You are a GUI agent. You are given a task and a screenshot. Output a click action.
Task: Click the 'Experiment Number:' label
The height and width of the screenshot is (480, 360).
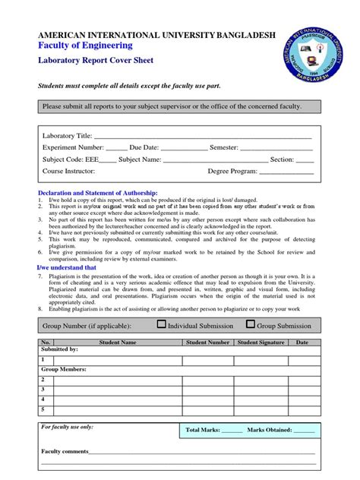72,147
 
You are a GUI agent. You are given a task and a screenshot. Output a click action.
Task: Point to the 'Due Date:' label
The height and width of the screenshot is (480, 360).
144,147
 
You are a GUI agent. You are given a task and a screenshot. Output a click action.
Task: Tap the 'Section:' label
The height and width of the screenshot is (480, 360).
282,159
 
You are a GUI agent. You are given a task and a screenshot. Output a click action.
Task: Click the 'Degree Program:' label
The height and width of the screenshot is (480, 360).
232,172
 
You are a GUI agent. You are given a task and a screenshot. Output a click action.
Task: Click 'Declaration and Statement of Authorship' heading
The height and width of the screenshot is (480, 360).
98,194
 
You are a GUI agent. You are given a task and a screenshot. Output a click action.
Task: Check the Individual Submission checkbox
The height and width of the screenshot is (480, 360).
161,324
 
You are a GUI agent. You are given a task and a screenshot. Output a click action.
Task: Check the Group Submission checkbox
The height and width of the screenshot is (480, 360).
251,324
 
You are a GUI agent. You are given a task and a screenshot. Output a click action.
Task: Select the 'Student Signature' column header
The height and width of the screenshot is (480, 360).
261,343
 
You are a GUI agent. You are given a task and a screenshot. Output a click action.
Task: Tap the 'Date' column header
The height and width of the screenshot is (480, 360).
302,343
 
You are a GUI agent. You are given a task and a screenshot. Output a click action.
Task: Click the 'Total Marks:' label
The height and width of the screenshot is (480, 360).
202,430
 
